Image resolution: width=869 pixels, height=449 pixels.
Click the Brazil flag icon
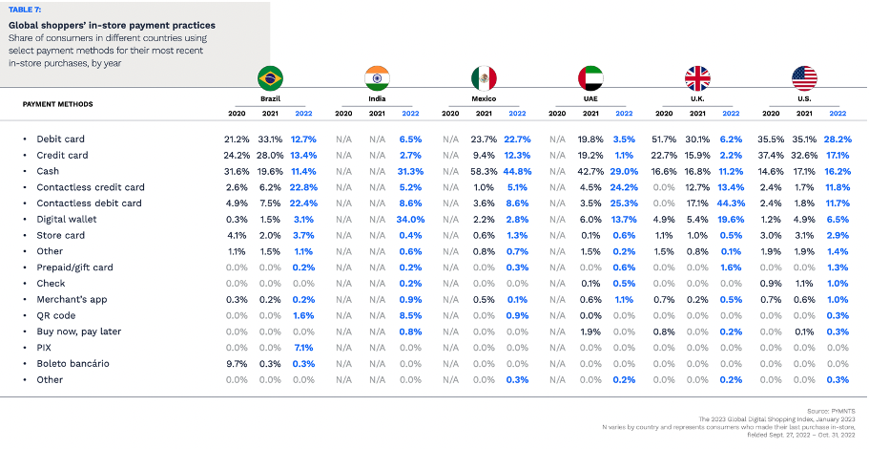click(271, 78)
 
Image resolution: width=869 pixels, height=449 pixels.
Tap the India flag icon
click(378, 78)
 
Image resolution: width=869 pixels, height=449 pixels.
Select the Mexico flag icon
click(485, 78)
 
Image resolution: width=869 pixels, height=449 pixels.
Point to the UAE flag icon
click(591, 78)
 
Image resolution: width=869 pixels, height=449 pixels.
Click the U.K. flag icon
click(698, 78)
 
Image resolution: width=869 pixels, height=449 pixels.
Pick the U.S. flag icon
click(805, 78)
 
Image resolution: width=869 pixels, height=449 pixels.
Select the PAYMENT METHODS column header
click(58, 104)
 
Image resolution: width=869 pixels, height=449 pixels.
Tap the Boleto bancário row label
click(72, 363)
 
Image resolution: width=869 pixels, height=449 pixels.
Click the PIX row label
click(45, 347)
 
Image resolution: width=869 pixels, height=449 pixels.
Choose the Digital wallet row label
click(68, 219)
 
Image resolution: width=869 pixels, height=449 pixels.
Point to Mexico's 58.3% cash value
click(485, 171)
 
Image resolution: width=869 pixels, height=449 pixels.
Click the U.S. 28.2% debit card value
click(838, 139)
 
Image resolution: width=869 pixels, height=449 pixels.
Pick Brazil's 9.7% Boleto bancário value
click(237, 363)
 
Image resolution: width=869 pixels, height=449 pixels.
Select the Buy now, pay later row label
click(77, 331)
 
